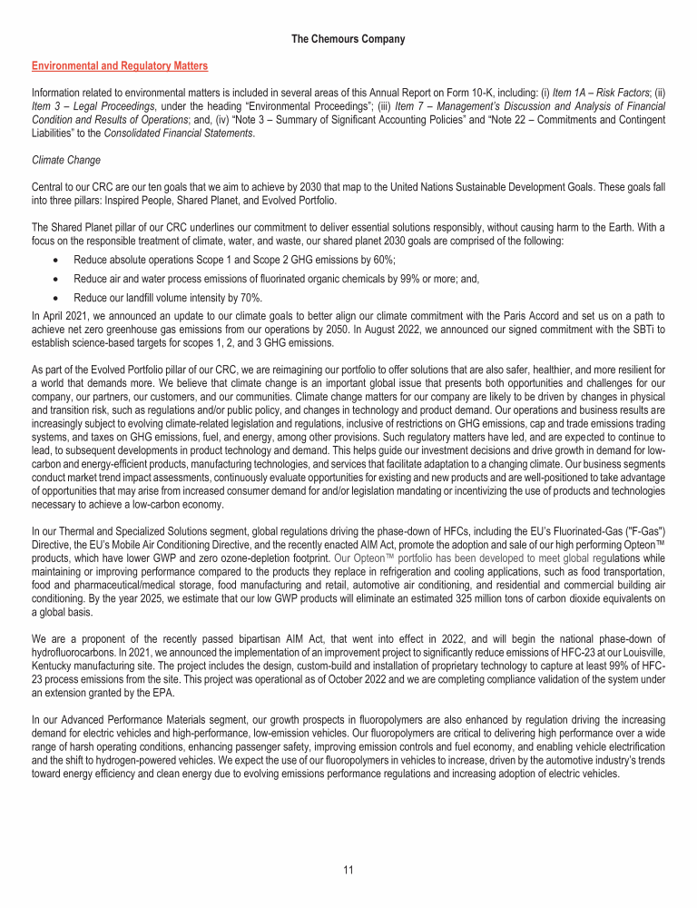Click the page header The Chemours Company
click(x=348, y=39)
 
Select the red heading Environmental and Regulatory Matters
click(x=119, y=66)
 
